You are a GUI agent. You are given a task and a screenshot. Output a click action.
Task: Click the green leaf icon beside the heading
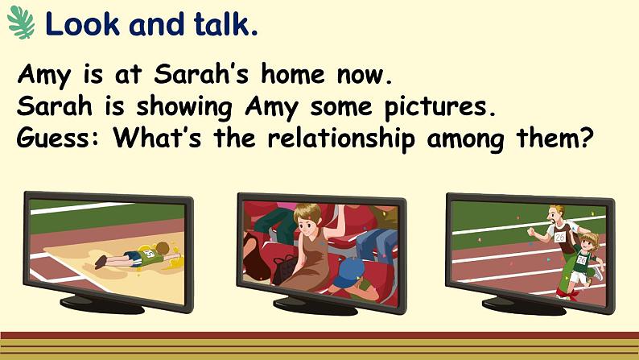pyautogui.click(x=21, y=23)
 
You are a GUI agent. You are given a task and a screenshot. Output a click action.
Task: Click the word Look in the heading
pyautogui.click(x=83, y=24)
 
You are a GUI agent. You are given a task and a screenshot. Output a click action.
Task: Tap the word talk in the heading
pyautogui.click(x=225, y=24)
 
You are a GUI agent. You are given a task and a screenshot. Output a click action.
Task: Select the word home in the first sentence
pyautogui.click(x=293, y=74)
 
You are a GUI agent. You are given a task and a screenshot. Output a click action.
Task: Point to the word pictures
pyautogui.click(x=440, y=108)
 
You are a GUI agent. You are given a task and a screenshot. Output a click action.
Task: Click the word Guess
pyautogui.click(x=57, y=139)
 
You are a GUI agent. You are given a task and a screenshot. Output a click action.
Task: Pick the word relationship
pyautogui.click(x=340, y=139)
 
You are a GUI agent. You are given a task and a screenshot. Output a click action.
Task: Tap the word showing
pyautogui.click(x=184, y=108)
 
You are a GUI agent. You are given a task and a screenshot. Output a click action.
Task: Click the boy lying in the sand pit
pyautogui.click(x=138, y=255)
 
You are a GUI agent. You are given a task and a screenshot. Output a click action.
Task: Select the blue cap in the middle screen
pyautogui.click(x=349, y=272)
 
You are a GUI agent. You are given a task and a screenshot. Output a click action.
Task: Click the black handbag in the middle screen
pyautogui.click(x=285, y=270)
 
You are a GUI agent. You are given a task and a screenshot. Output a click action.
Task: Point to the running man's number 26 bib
pyautogui.click(x=560, y=237)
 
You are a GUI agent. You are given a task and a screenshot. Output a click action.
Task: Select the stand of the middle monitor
pyautogui.click(x=315, y=305)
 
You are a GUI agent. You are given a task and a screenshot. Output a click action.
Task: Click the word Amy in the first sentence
pyautogui.click(x=44, y=76)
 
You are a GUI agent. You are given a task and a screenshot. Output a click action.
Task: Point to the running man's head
pyautogui.click(x=556, y=213)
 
